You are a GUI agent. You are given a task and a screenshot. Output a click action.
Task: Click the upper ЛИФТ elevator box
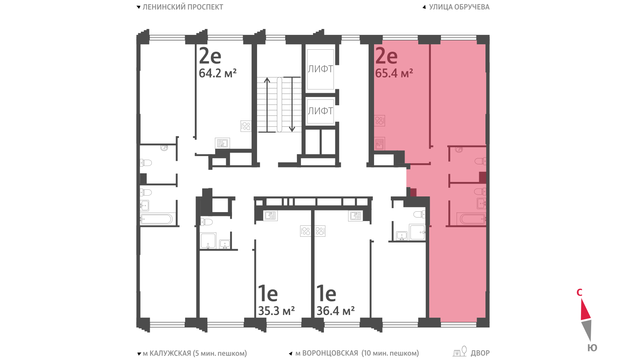coord(320,69)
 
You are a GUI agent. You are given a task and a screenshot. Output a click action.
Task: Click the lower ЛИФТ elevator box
coord(320,111)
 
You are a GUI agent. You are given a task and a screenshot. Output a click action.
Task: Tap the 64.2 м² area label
coord(218,73)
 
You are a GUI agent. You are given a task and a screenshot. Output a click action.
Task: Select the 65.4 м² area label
coord(394,73)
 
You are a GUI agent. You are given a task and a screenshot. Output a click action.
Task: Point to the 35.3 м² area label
coord(276,311)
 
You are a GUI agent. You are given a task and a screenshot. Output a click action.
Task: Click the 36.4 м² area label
coord(336,311)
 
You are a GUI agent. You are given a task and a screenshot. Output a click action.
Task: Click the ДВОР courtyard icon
coord(460,351)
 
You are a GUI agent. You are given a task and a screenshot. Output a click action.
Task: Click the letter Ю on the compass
coord(592,348)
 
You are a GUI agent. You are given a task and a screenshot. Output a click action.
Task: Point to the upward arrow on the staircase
coord(267,105)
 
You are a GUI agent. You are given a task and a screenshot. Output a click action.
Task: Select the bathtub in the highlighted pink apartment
coord(471,219)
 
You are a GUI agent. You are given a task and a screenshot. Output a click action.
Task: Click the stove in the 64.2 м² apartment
coord(246,126)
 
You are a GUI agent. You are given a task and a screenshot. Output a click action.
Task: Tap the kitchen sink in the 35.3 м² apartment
coord(270,216)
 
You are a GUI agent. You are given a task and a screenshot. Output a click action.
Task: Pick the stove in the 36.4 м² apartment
coord(320,231)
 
